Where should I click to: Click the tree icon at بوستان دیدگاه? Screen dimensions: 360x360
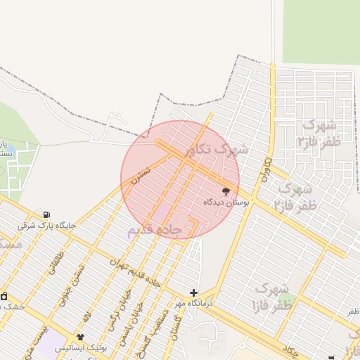(x=226, y=191)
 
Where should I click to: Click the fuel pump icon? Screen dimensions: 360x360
(x=46, y=214)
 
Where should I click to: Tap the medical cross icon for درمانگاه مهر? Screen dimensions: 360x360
(x=194, y=292)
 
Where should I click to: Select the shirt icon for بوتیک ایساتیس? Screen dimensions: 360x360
(x=80, y=337)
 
